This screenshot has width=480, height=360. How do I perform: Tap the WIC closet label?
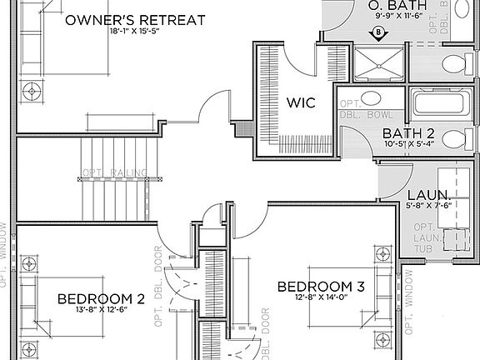pos(300,103)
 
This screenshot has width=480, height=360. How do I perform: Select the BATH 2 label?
pos(408,132)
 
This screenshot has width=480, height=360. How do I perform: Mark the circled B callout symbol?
pos(379,33)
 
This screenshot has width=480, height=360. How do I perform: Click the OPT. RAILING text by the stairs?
pos(115,173)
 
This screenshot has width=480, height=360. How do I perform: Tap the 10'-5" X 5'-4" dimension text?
pos(408,145)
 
